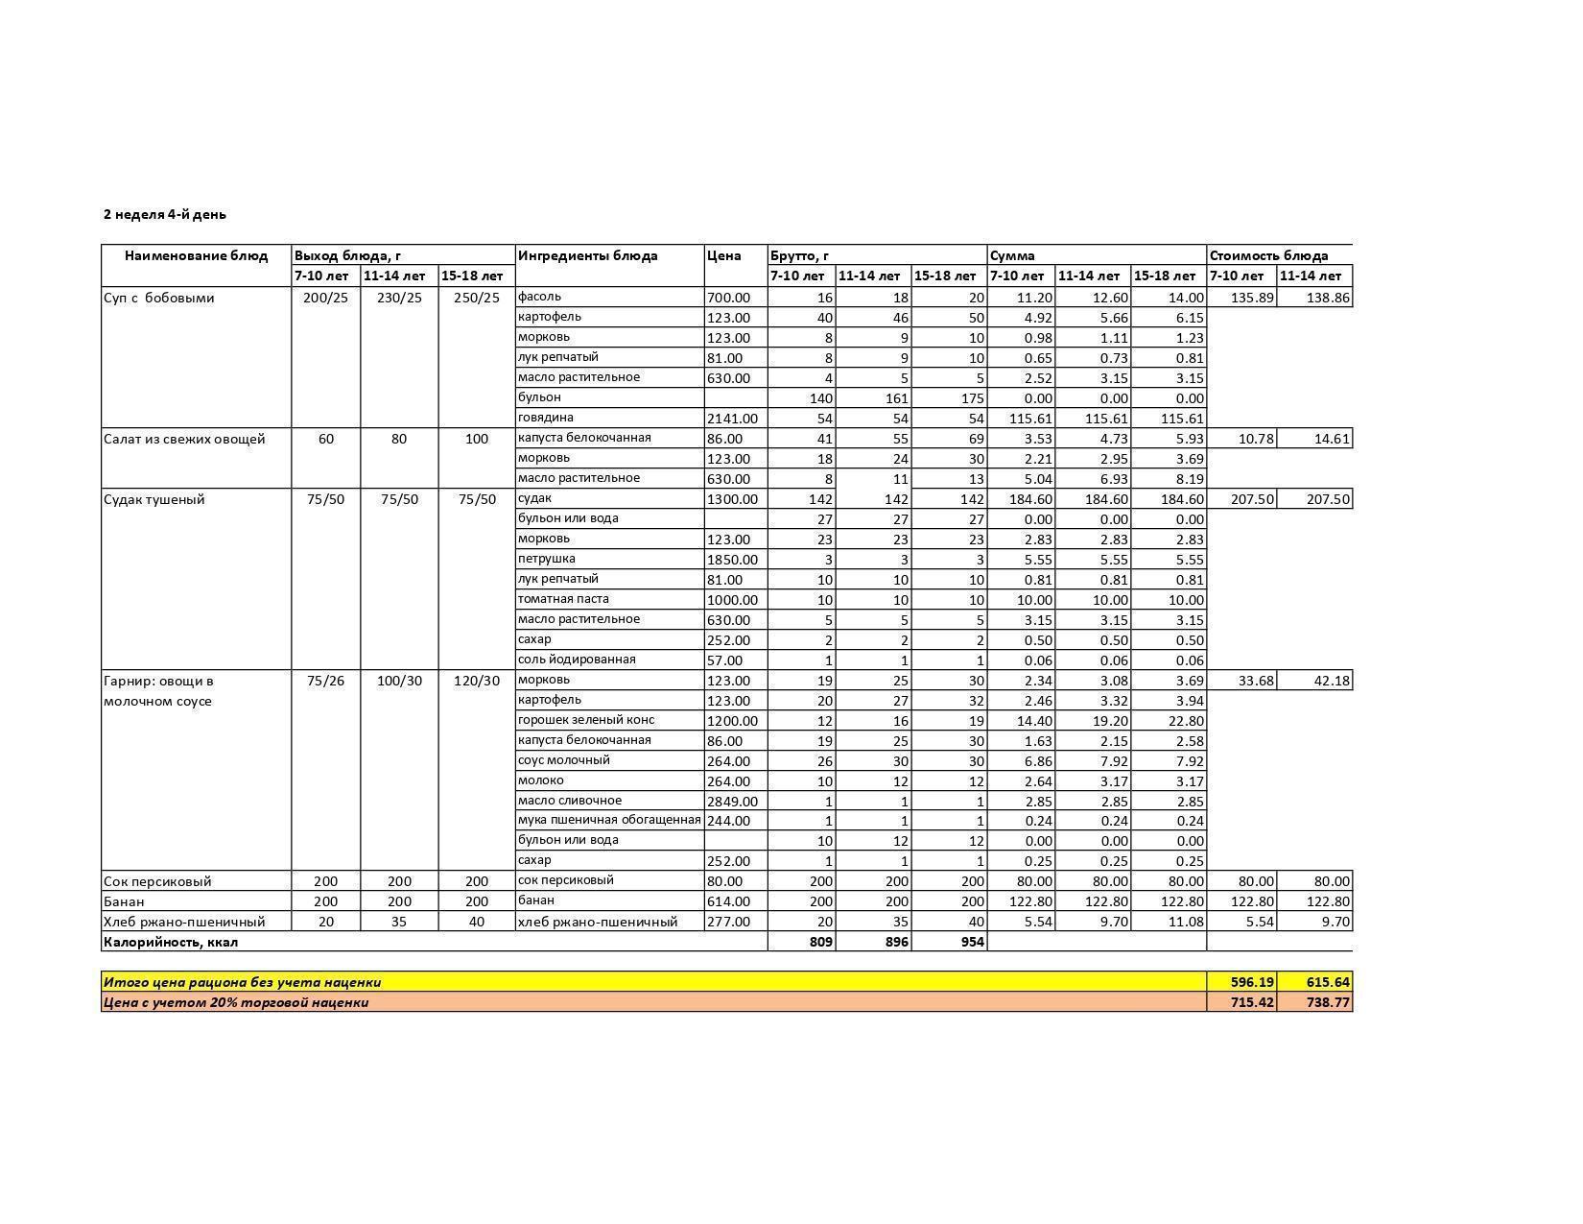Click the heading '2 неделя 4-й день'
pyautogui.click(x=165, y=214)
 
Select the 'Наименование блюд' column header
pyautogui.click(x=196, y=255)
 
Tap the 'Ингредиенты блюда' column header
pyautogui.click(x=587, y=255)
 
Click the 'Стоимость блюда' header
pyautogui.click(x=1268, y=255)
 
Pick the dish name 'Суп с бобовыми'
pyautogui.click(x=158, y=298)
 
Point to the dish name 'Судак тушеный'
pyautogui.click(x=154, y=499)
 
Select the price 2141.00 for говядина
pyautogui.click(x=732, y=419)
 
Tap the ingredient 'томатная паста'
pyautogui.click(x=563, y=599)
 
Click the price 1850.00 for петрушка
pyautogui.click(x=732, y=560)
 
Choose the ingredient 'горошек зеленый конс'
pyautogui.click(x=585, y=720)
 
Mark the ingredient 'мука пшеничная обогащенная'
pyautogui.click(x=609, y=821)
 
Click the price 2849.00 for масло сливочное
pyautogui.click(x=732, y=802)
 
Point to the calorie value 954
pyautogui.click(x=972, y=942)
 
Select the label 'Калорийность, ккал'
pyautogui.click(x=171, y=942)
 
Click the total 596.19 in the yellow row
pyautogui.click(x=1252, y=982)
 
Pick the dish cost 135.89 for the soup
pyautogui.click(x=1252, y=298)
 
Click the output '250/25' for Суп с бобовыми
pyautogui.click(x=477, y=298)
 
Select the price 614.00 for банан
pyautogui.click(x=728, y=901)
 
